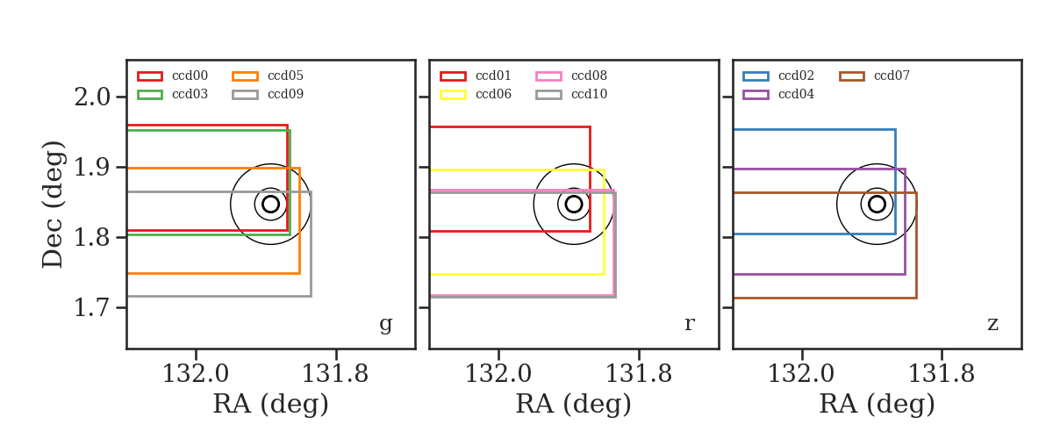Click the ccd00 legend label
(190, 76)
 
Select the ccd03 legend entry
(190, 94)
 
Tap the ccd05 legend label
(285, 76)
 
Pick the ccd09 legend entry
(285, 94)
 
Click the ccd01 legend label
(493, 76)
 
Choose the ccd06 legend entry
(493, 94)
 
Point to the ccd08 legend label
(589, 76)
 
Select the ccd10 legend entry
(589, 94)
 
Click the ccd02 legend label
(797, 76)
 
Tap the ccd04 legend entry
(797, 94)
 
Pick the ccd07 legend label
(892, 76)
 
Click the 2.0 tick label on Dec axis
(92, 97)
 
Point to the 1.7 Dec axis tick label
(92, 308)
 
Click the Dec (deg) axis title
(53, 205)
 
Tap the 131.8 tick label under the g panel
(335, 374)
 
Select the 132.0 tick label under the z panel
(801, 374)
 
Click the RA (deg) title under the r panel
(574, 405)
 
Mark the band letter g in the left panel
(385, 325)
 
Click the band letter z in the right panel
(992, 324)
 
